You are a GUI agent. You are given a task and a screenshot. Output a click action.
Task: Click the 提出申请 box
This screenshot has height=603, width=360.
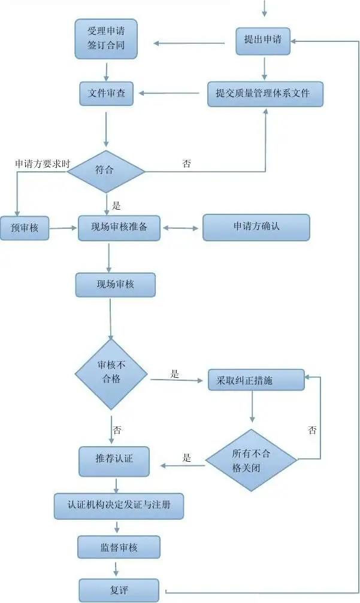[262, 40]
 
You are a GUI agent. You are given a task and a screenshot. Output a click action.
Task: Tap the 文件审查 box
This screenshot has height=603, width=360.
[106, 94]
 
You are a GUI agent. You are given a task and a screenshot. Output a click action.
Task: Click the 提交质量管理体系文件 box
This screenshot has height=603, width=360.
[265, 94]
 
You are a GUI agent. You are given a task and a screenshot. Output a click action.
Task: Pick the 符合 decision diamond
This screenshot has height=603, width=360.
[106, 171]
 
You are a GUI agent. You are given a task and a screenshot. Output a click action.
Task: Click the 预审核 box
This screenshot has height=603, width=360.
[24, 228]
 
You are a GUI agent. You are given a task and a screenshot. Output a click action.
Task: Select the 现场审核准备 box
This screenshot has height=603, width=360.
[120, 228]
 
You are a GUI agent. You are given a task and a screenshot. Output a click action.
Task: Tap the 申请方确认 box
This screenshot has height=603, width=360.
[256, 228]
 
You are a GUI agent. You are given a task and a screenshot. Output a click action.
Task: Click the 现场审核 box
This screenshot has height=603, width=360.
[115, 285]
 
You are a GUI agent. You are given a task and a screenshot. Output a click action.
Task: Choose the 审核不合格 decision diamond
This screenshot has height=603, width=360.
[111, 374]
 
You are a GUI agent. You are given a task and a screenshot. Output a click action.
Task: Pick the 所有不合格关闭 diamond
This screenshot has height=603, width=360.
[252, 460]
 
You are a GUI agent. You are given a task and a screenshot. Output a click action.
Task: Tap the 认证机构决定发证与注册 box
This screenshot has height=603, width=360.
[119, 505]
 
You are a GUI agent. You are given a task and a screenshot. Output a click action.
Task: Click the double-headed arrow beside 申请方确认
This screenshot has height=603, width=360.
[181, 228]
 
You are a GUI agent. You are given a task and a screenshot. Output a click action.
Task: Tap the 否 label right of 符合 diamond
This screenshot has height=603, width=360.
[186, 163]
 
